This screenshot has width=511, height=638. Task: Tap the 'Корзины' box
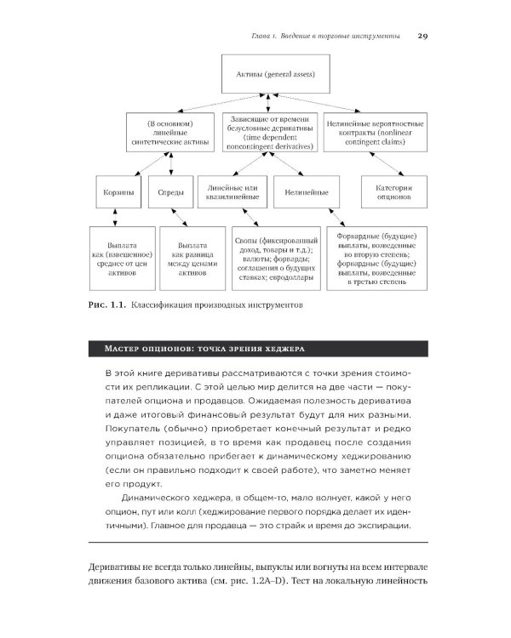tap(114, 193)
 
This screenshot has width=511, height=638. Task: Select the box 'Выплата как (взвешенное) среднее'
tap(118, 253)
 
